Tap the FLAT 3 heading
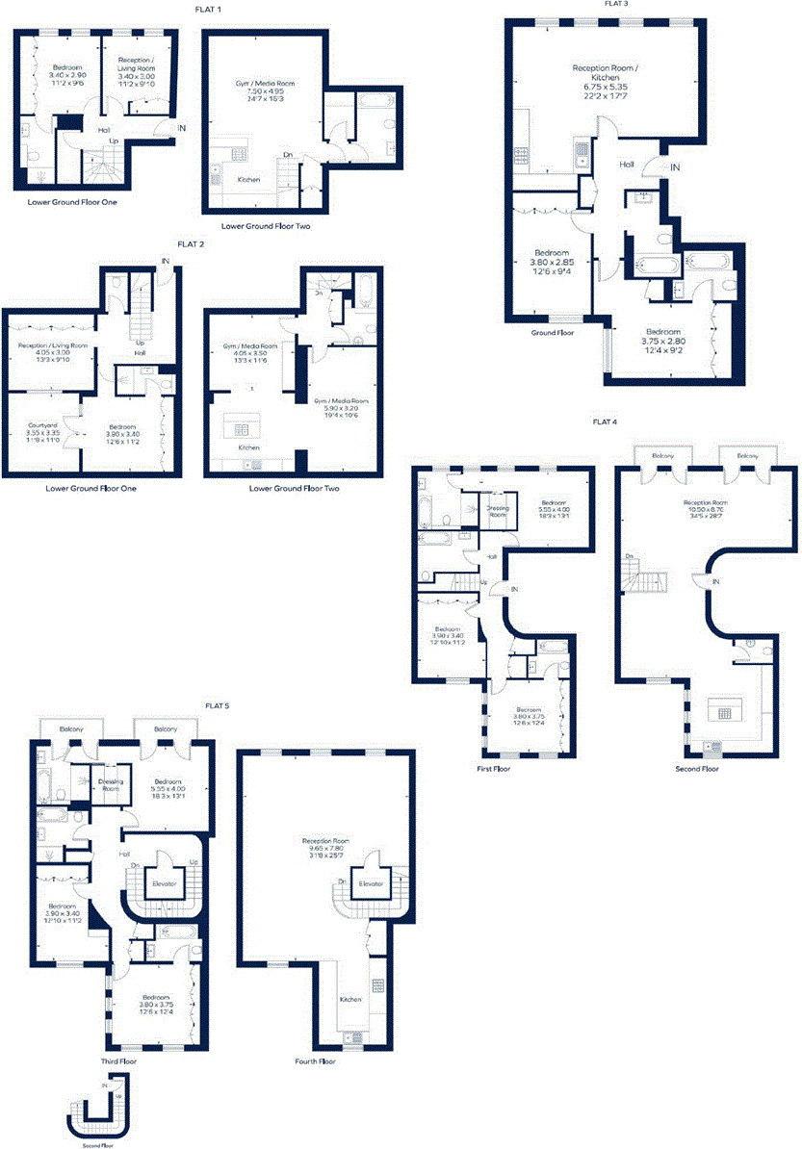(616, 4)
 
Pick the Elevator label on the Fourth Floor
(371, 882)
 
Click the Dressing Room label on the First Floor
(498, 512)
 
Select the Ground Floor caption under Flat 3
(553, 333)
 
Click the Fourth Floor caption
(315, 1062)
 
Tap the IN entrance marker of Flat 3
(675, 167)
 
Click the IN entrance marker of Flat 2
(166, 261)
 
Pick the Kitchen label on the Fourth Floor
(350, 999)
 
